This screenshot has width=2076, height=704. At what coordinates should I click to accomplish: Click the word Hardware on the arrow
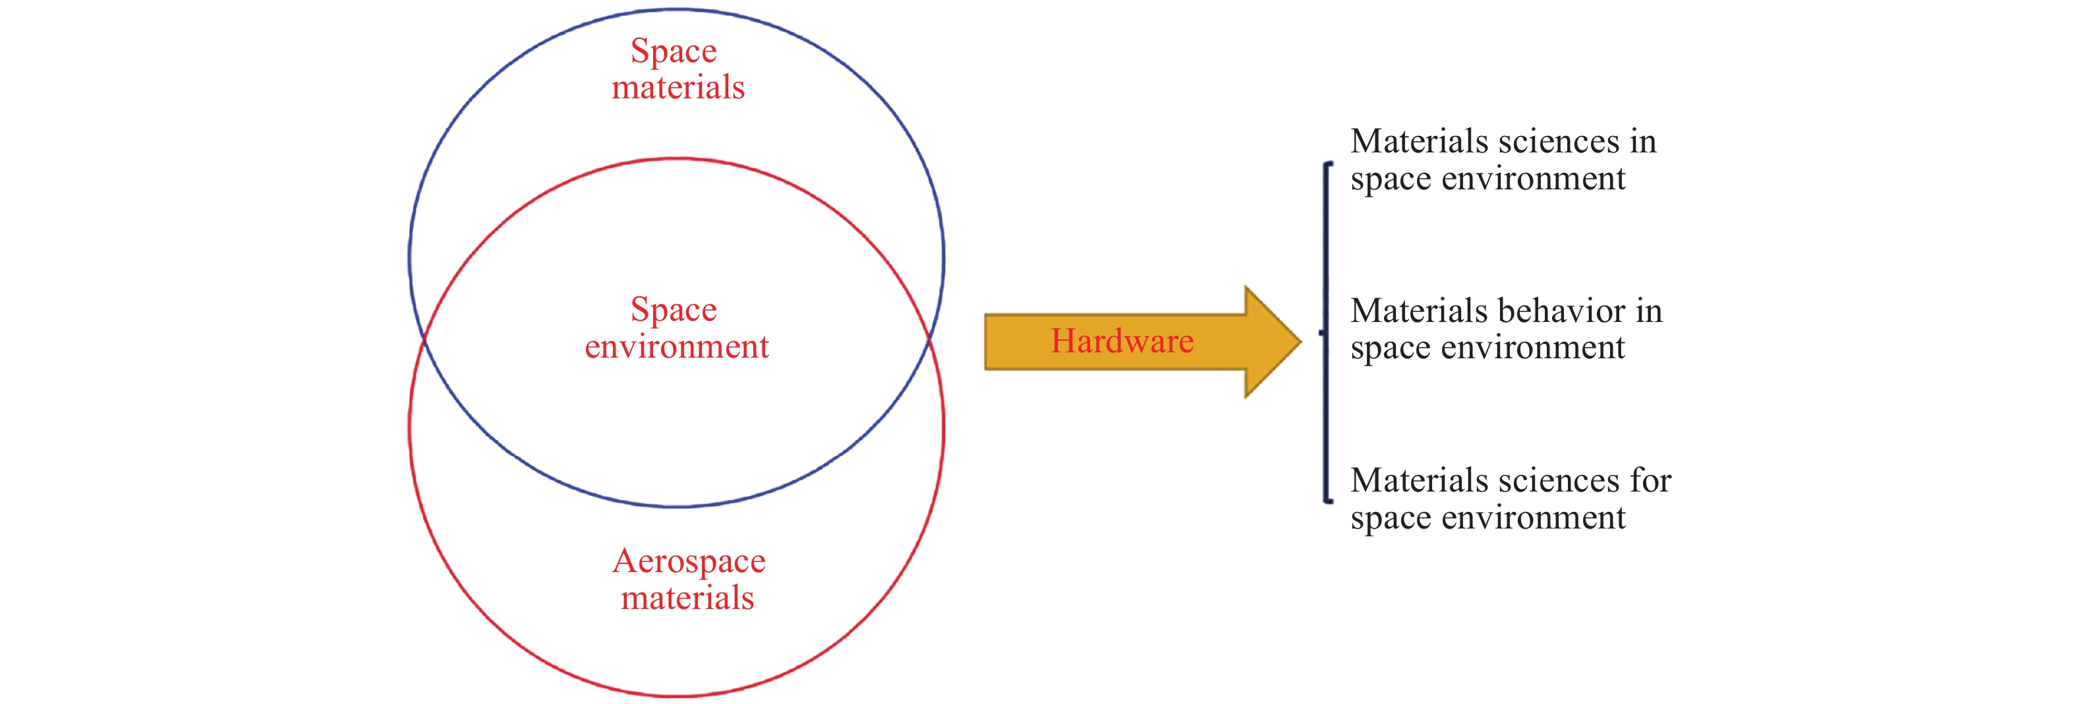[x=1122, y=341]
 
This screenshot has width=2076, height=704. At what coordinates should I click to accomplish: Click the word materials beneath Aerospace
[x=687, y=598]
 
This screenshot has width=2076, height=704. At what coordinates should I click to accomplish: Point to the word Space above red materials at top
[x=674, y=51]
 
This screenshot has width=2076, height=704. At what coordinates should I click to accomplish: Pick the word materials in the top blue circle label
[x=678, y=87]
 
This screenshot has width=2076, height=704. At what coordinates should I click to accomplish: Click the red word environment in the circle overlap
[x=677, y=347]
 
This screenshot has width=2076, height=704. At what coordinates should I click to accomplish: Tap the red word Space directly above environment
[x=674, y=309]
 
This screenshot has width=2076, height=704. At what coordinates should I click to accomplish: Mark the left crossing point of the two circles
[x=424, y=341]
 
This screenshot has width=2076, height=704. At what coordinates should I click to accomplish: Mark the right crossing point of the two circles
[x=930, y=341]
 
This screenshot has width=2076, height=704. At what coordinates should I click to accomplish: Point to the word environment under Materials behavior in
[x=1533, y=348]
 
